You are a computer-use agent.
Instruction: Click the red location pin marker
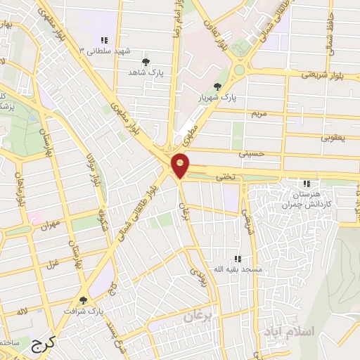[181, 165]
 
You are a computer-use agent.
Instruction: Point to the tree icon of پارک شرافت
[84, 300]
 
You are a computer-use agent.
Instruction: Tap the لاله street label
[23, 310]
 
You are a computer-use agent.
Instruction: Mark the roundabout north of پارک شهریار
[239, 69]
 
